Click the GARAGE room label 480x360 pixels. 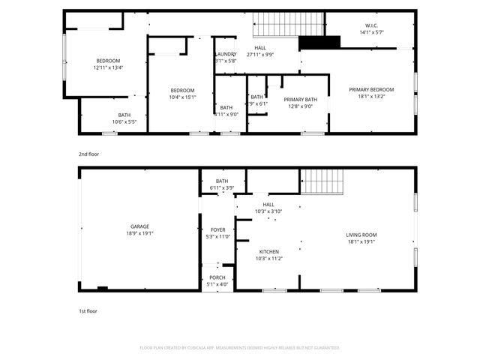click(x=139, y=226)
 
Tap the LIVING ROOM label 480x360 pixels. click(x=361, y=235)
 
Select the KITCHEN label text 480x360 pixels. click(x=269, y=251)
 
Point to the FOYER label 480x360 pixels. click(x=217, y=229)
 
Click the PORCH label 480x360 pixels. click(x=217, y=277)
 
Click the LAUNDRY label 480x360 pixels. click(x=226, y=54)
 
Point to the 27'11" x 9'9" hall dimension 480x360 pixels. click(x=259, y=54)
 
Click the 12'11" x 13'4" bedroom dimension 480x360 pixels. click(x=107, y=67)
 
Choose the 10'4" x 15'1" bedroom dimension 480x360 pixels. click(x=182, y=97)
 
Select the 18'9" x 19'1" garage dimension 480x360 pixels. click(x=139, y=233)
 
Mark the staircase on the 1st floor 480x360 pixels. click(x=322, y=180)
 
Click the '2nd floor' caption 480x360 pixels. click(x=88, y=154)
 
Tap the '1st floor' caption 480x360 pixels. click(x=88, y=310)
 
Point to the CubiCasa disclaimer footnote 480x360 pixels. click(x=240, y=347)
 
